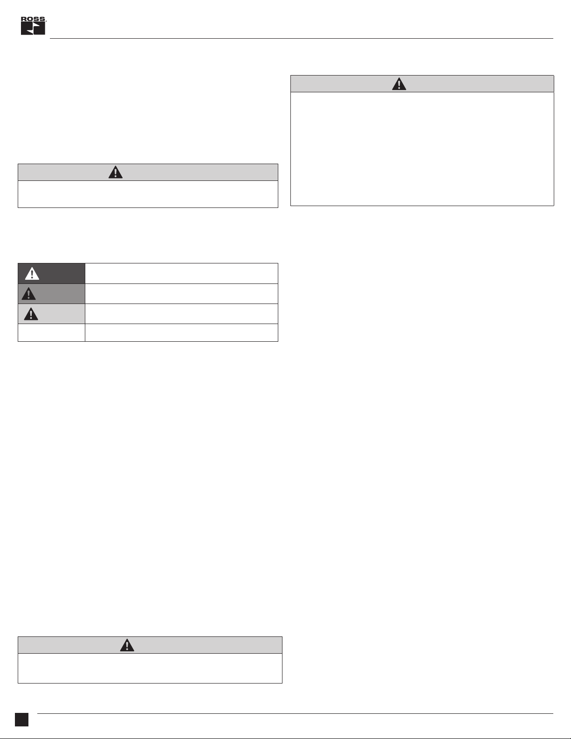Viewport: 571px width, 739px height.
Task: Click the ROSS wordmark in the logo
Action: point(33,20)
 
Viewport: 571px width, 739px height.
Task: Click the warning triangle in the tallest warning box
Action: point(399,84)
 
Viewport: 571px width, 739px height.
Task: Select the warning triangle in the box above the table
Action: point(116,173)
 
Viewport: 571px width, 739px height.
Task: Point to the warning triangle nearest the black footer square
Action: point(127,645)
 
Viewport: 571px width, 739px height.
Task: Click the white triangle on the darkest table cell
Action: point(32,274)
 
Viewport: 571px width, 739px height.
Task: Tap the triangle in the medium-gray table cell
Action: point(29,294)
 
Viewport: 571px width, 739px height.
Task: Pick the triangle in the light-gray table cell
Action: point(31,314)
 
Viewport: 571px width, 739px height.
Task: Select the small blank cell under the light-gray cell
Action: point(51,332)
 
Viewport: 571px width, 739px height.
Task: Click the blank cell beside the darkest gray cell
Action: point(181,273)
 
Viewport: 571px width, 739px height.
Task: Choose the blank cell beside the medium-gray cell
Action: point(181,294)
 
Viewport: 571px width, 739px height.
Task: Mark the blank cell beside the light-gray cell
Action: point(181,314)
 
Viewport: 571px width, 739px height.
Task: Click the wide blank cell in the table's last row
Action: point(181,332)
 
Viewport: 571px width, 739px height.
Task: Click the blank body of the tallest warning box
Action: point(422,149)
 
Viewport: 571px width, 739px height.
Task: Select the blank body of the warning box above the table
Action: point(148,194)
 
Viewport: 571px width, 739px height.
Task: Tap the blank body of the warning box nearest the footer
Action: point(150,668)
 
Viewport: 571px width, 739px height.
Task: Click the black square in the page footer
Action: point(21,719)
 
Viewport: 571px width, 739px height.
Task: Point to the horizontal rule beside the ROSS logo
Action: point(301,38)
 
